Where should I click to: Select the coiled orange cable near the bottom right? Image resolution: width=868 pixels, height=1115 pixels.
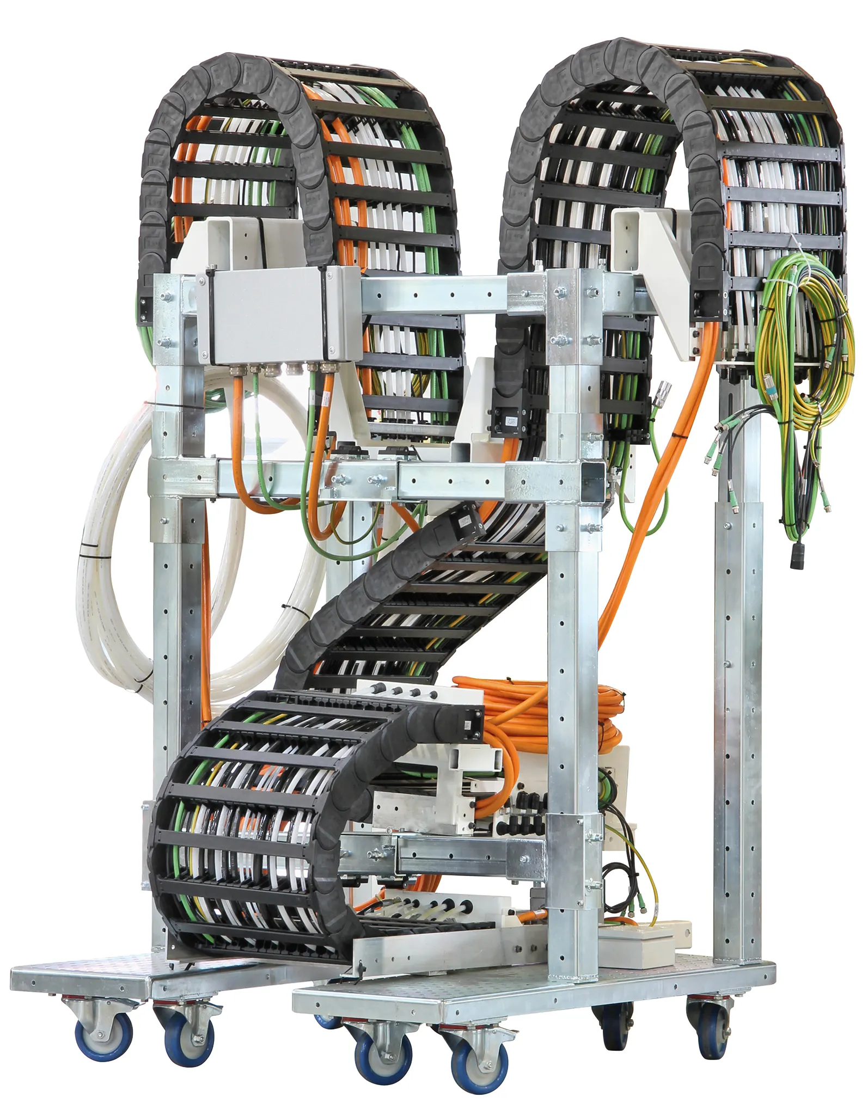pos(550,708)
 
